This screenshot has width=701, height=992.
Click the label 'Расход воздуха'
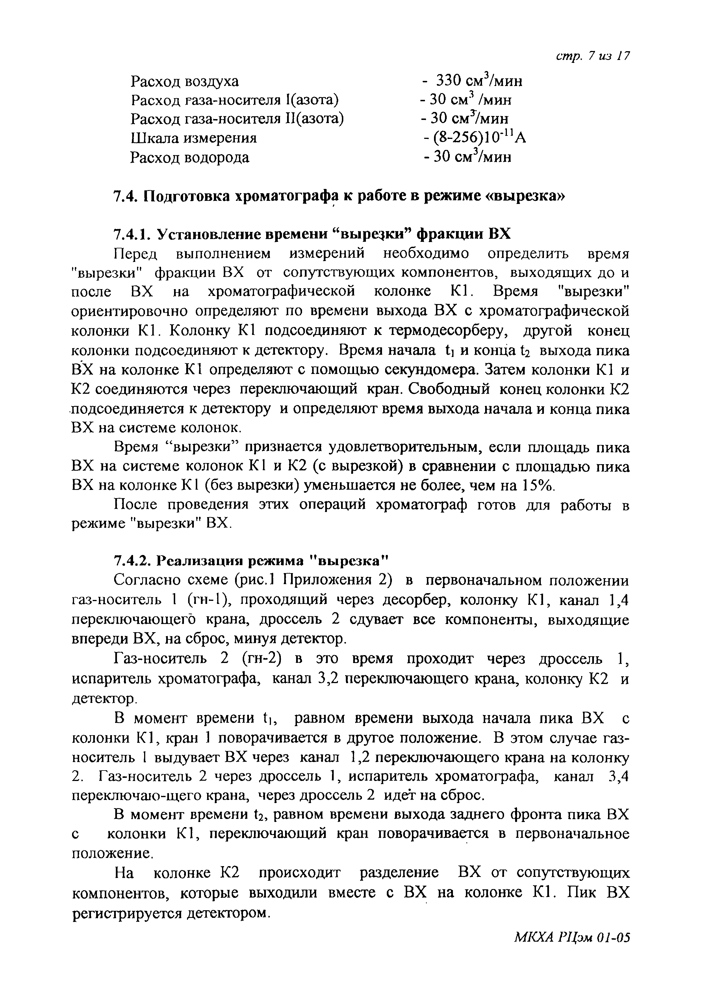coord(185,81)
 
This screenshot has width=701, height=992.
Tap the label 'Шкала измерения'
coord(193,138)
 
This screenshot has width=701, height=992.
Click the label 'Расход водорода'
coord(190,157)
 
